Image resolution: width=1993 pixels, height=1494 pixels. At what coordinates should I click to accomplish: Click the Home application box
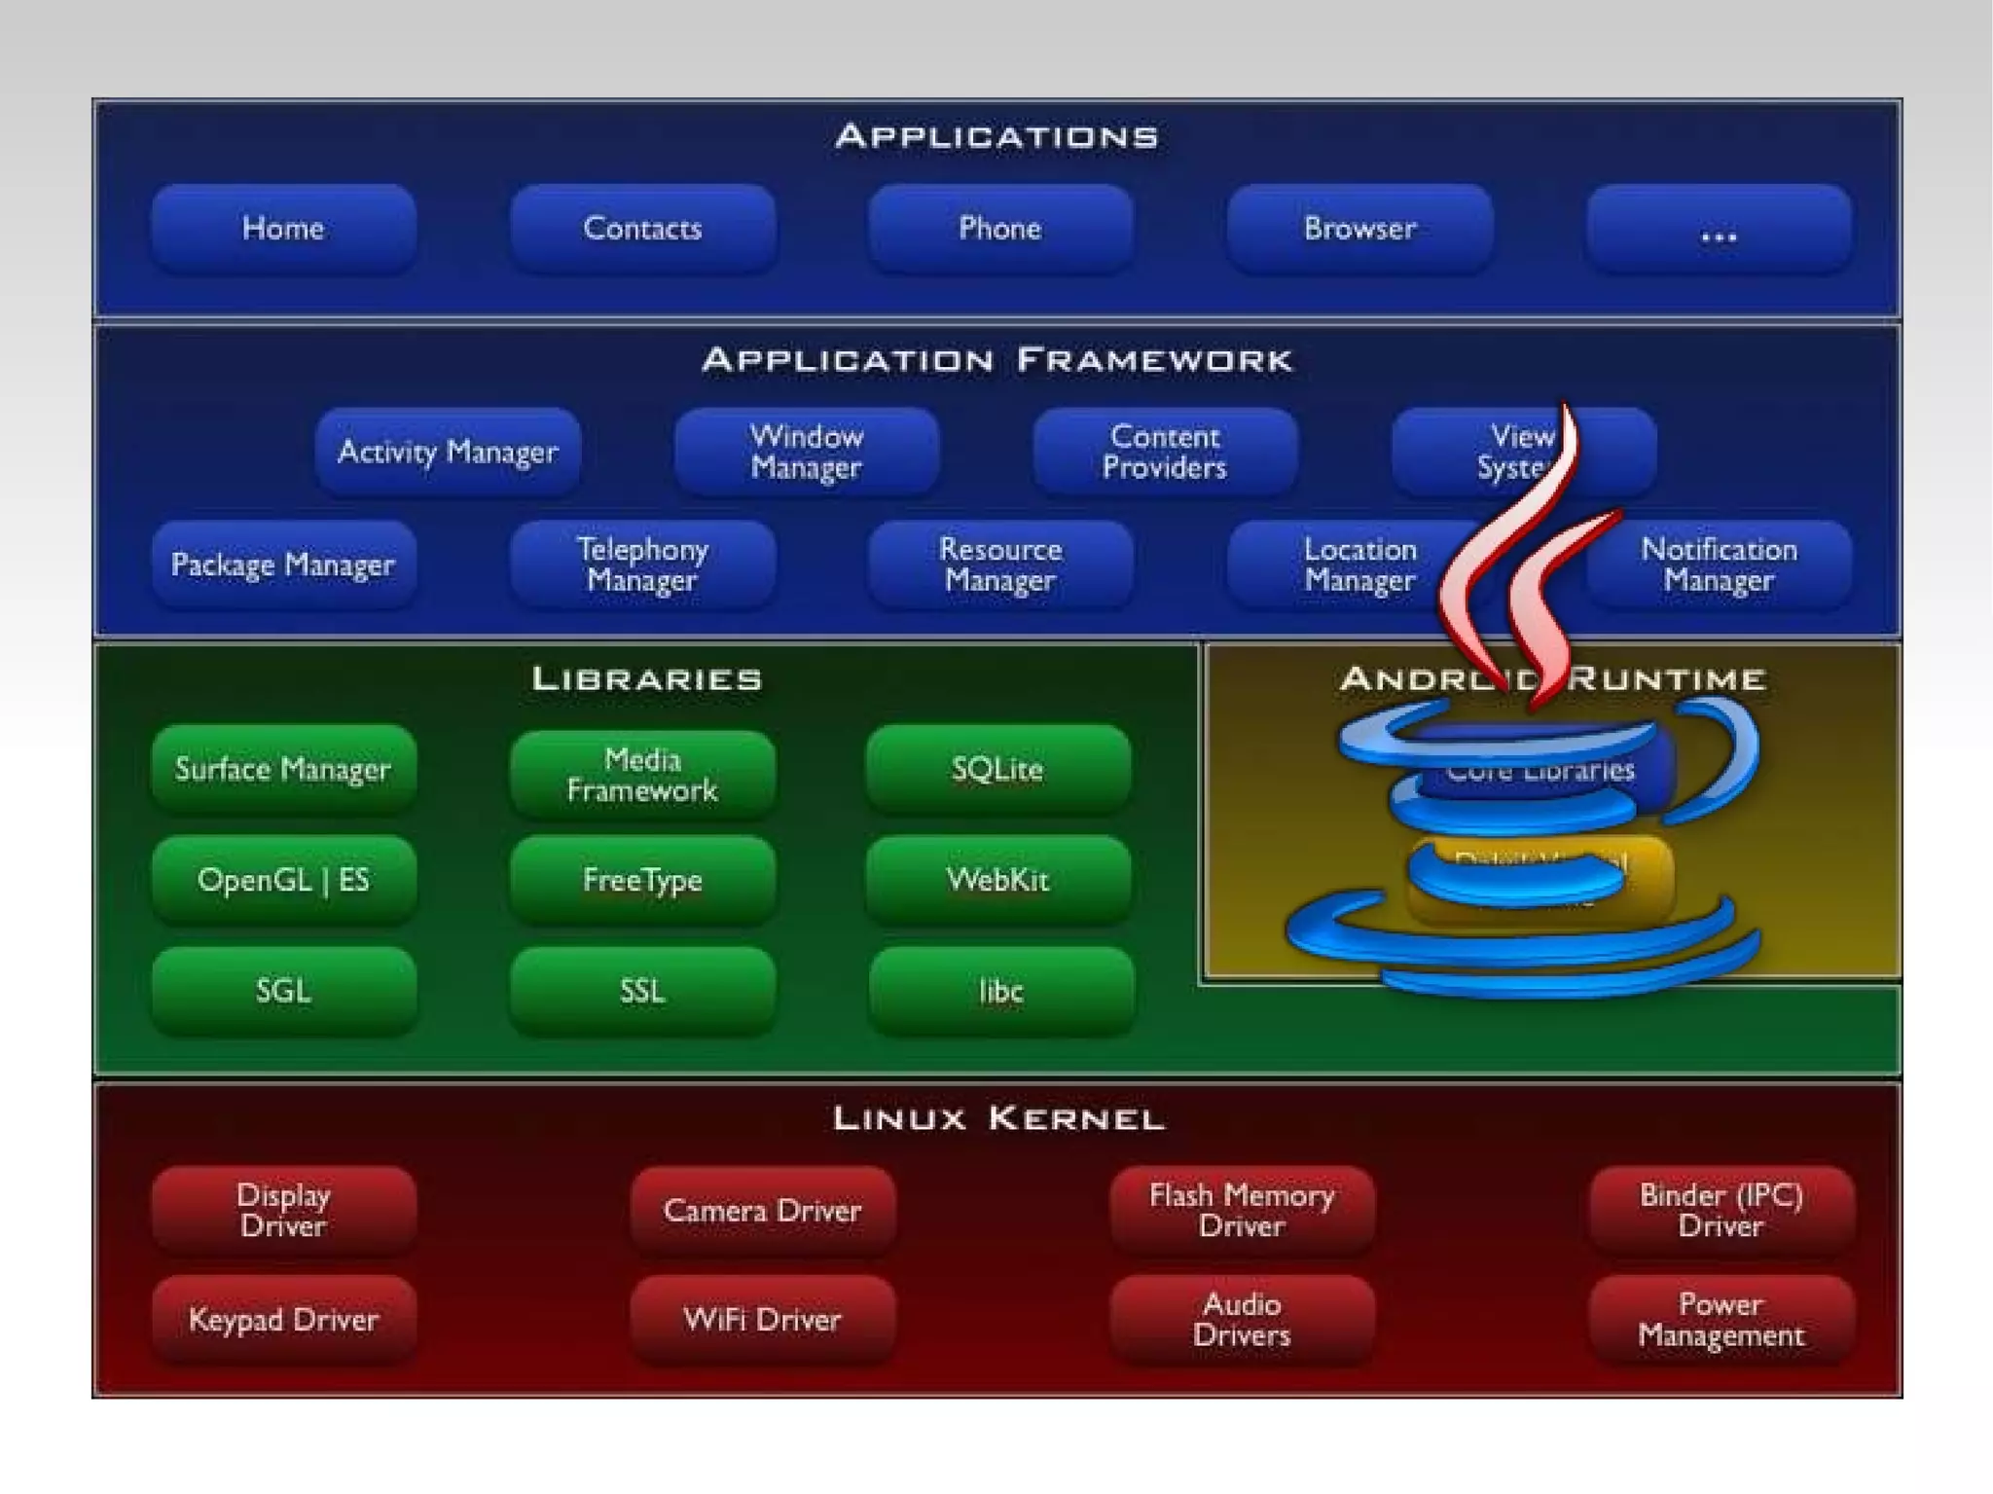click(283, 229)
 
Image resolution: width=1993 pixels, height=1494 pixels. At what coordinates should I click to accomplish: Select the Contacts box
click(642, 229)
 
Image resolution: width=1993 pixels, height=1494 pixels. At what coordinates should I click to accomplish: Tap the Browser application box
click(1359, 229)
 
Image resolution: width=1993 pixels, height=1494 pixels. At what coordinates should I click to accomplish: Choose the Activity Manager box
click(448, 452)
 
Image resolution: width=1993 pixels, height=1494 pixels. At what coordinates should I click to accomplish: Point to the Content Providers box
click(1165, 452)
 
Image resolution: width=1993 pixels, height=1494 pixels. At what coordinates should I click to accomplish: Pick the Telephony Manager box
click(642, 565)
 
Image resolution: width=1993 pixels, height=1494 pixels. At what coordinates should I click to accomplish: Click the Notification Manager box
click(1719, 565)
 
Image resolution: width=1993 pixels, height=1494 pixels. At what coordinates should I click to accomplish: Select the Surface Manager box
click(283, 770)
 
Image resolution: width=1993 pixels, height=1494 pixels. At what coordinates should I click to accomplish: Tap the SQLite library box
click(998, 770)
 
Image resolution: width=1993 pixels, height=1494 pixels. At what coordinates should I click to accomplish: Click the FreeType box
click(642, 881)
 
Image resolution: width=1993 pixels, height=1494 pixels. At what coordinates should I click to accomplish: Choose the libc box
click(1000, 992)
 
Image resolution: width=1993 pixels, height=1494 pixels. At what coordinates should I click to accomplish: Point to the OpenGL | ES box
click(283, 881)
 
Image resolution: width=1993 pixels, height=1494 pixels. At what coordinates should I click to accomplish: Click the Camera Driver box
click(762, 1211)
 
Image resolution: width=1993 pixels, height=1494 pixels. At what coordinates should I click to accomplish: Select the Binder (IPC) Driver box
click(1721, 1211)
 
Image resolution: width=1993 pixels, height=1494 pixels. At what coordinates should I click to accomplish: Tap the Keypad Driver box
click(283, 1321)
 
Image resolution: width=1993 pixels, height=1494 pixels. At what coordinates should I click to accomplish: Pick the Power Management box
click(1721, 1321)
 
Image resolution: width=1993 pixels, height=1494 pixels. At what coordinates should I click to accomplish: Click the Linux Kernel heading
click(998, 1118)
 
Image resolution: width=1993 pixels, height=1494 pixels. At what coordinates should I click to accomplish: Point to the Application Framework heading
click(997, 361)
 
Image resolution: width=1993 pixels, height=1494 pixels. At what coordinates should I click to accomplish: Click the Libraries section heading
click(647, 679)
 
